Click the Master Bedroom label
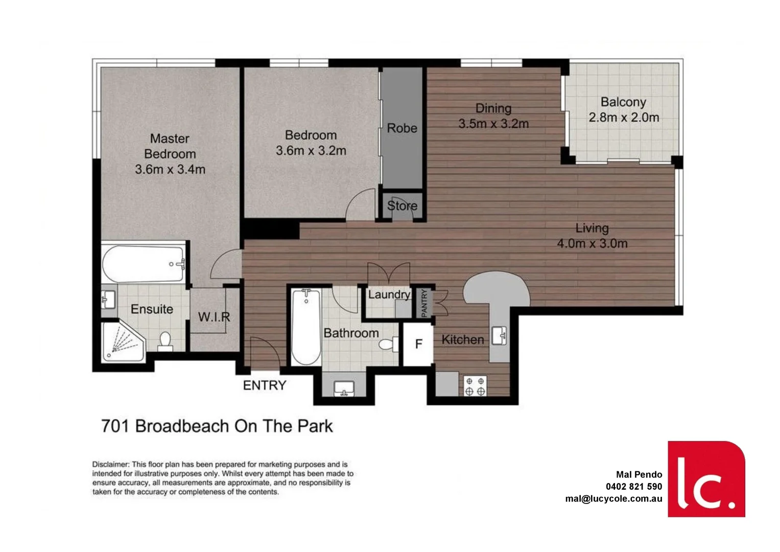click(170, 146)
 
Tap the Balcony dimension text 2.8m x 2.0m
click(624, 118)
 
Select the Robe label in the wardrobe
click(401, 128)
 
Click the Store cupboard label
click(402, 206)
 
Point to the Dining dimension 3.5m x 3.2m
click(493, 124)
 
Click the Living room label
click(592, 228)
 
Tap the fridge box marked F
click(418, 344)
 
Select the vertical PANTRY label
click(424, 303)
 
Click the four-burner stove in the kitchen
click(475, 386)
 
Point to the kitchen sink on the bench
click(499, 336)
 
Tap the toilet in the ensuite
click(165, 341)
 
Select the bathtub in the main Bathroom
click(306, 327)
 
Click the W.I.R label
click(214, 317)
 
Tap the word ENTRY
click(264, 385)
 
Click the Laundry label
click(389, 295)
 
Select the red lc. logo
click(706, 478)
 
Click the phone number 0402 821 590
click(633, 487)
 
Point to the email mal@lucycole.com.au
click(613, 499)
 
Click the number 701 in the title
click(115, 426)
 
